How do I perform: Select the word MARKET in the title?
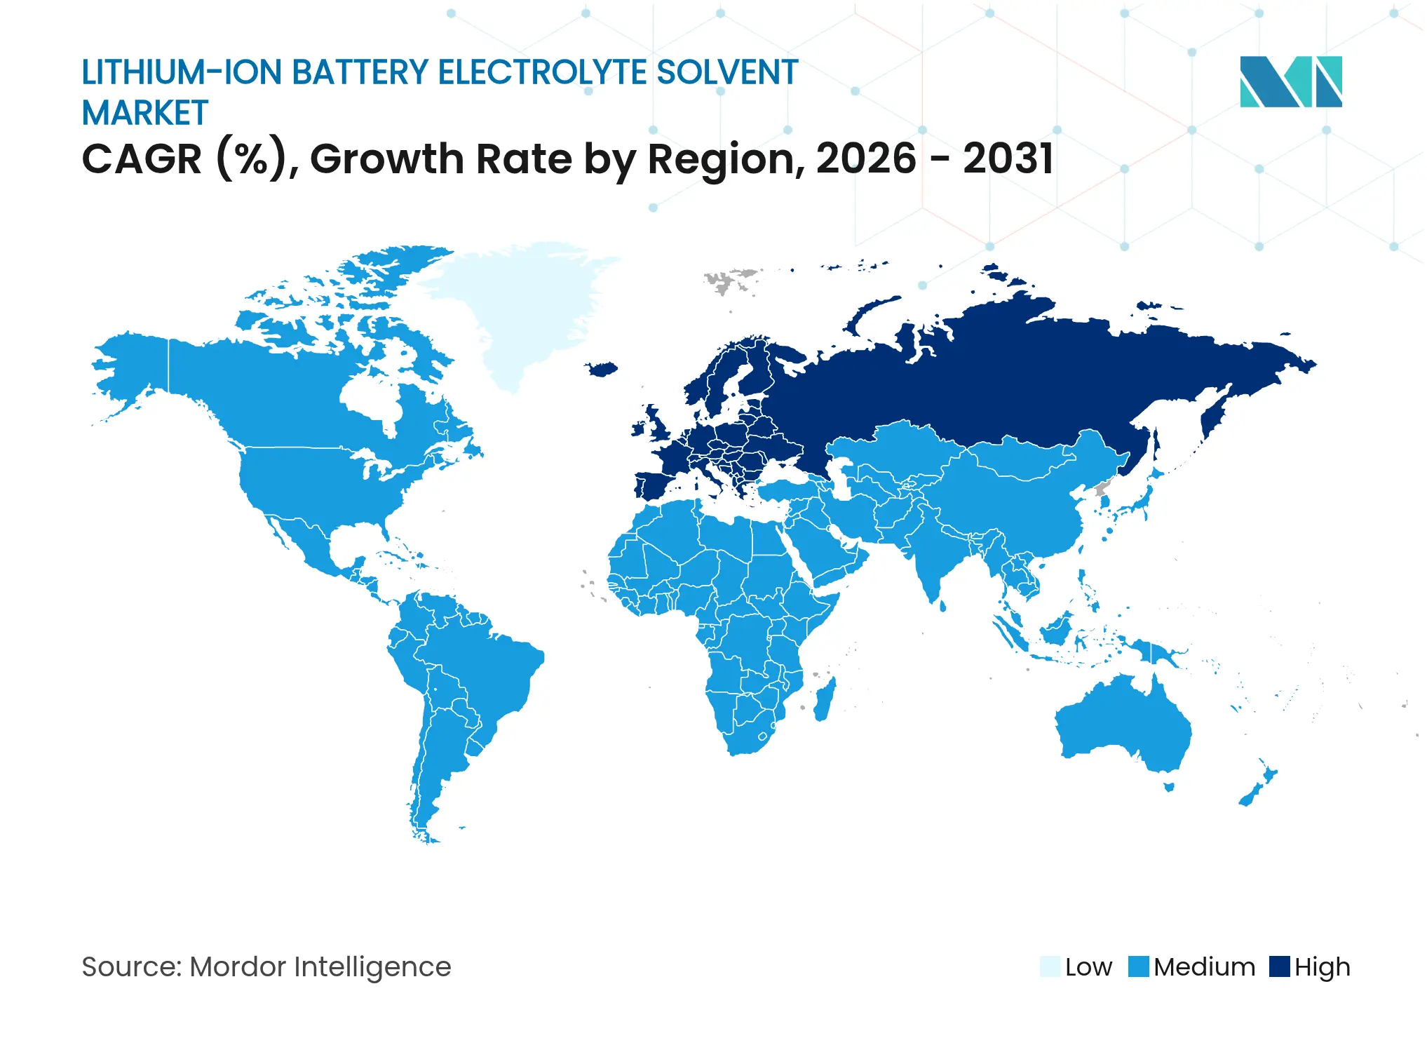[145, 114]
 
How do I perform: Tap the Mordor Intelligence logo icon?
[1290, 81]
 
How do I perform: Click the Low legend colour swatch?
[1050, 966]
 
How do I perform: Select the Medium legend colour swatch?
[1139, 966]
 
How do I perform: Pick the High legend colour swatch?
[1280, 966]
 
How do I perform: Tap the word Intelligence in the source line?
[372, 966]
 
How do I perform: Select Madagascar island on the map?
[825, 699]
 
